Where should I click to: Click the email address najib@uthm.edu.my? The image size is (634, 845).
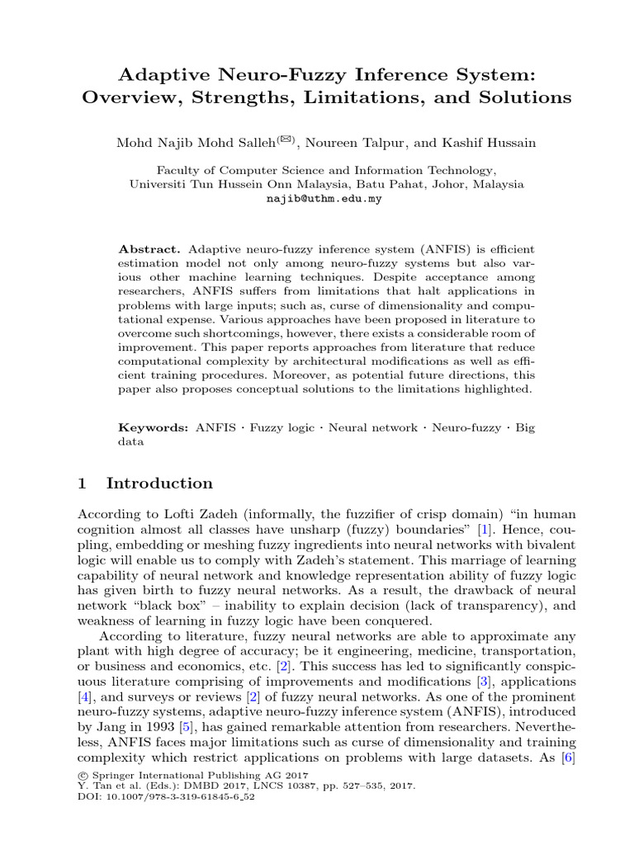[324, 199]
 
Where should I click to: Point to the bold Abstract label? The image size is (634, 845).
[149, 249]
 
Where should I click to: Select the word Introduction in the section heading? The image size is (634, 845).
[159, 484]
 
